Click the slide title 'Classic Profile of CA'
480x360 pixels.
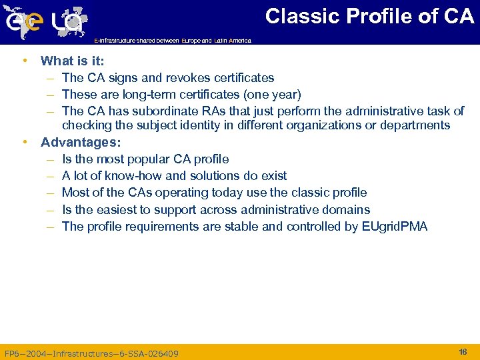point(369,16)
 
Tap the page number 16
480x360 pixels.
point(463,351)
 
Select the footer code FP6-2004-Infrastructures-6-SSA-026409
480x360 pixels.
point(91,353)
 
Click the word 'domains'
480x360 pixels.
point(346,210)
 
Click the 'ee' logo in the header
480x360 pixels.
point(24,22)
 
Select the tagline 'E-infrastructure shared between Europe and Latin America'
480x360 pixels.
point(173,41)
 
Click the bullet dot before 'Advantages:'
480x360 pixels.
point(25,142)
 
